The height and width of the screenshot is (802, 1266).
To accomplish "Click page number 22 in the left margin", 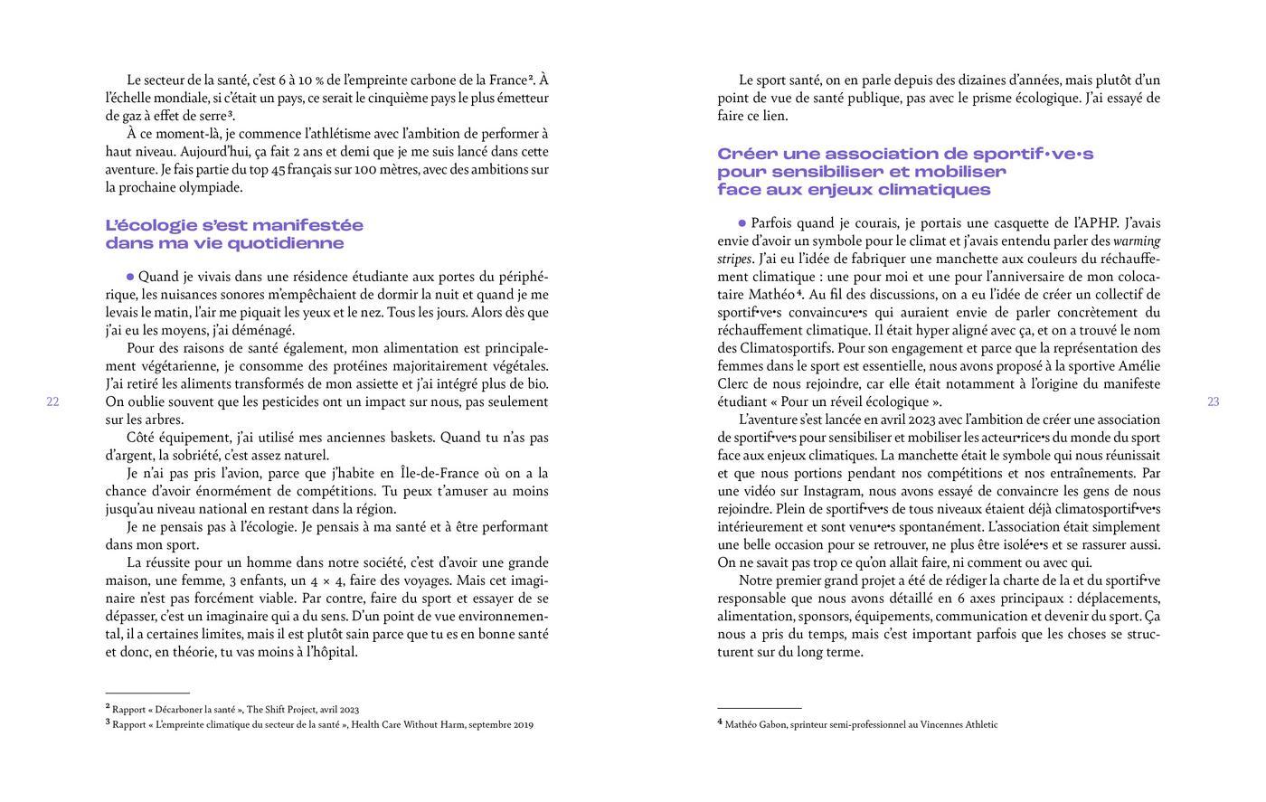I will click(52, 402).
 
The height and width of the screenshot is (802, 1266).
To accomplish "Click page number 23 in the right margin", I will click(1214, 402).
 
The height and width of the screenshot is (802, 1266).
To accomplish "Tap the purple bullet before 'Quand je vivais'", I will click(130, 277).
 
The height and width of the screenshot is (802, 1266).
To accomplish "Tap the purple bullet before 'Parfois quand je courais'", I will click(742, 222).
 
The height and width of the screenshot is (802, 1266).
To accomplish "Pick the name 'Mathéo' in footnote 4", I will click(743, 724).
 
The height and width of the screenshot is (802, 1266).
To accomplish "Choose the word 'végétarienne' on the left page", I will click(165, 366).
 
